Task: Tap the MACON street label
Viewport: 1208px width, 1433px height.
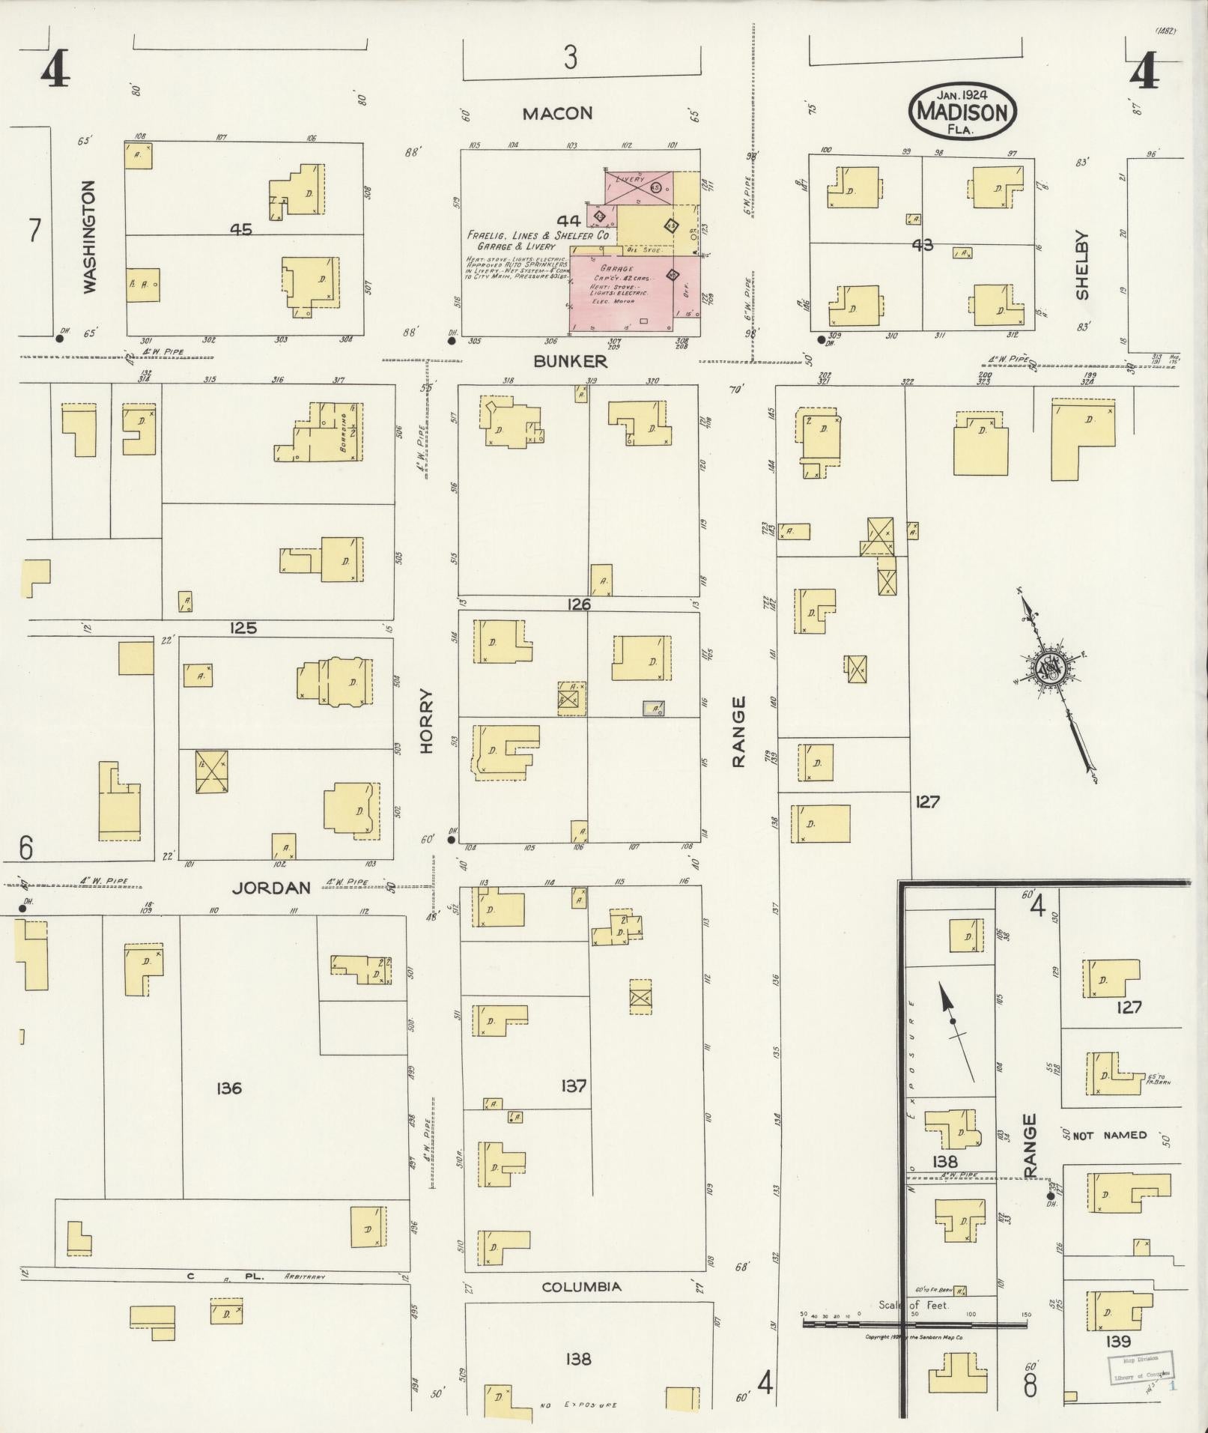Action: (x=557, y=114)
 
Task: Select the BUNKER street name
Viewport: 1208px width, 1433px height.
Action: (x=570, y=361)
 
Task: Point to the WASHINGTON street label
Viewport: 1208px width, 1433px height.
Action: (x=90, y=237)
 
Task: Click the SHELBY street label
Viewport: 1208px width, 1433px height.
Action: (x=1081, y=265)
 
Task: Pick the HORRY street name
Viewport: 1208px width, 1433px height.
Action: (x=427, y=721)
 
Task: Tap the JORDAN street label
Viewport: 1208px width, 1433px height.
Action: (x=270, y=888)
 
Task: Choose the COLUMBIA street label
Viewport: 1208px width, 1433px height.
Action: (x=581, y=1287)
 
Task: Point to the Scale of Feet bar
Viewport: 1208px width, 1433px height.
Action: (x=914, y=1324)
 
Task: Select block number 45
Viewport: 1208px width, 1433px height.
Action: (x=241, y=230)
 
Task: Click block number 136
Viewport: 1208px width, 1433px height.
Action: (x=228, y=1088)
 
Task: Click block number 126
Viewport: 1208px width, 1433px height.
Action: (x=579, y=605)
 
